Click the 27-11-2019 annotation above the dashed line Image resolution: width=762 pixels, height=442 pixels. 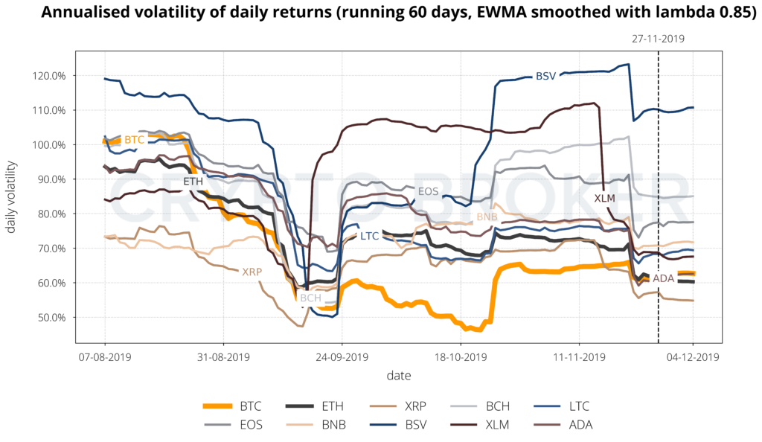(x=658, y=37)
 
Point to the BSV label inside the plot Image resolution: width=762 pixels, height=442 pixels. (x=545, y=76)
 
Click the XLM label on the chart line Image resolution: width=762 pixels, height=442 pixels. (x=605, y=199)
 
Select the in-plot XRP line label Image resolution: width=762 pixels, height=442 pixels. (x=252, y=272)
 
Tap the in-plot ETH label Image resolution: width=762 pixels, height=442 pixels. (x=193, y=181)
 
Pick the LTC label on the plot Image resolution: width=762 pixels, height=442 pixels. (x=370, y=236)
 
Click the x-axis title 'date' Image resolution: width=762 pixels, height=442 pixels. (x=398, y=375)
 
